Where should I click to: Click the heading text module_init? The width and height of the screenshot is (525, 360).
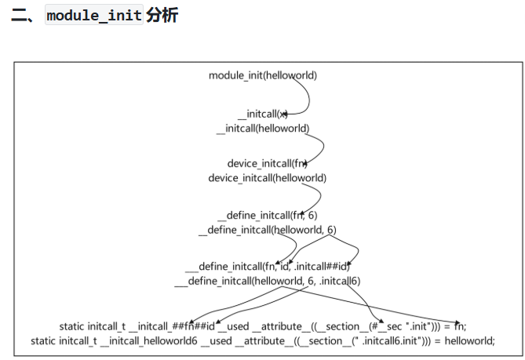coord(94,15)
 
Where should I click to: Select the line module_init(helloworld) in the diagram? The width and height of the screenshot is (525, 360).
coord(263,75)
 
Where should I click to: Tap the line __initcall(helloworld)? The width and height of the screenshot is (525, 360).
coord(263,128)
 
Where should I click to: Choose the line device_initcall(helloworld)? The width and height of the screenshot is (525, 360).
coord(267,177)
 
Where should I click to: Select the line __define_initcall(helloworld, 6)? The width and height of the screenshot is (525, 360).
coord(267,230)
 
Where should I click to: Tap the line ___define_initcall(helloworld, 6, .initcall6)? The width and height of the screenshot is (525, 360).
coord(267,280)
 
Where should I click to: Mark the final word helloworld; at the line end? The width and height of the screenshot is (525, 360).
coord(469,340)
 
